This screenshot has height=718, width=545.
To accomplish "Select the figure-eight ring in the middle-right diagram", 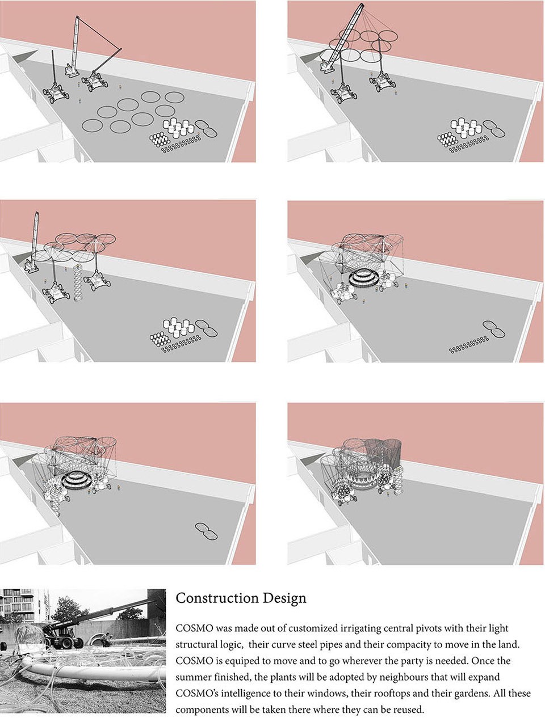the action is pos(494,329).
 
